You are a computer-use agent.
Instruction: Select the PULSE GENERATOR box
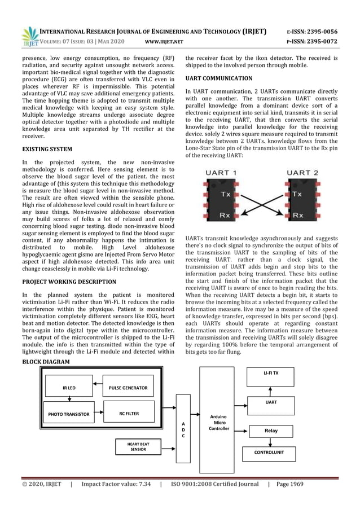pyautogui.click(x=128, y=388)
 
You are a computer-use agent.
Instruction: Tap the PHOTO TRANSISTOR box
pyautogui.click(x=68, y=414)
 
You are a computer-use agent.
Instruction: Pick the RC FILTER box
pyautogui.click(x=129, y=414)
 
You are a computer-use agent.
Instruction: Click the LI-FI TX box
pyautogui.click(x=271, y=373)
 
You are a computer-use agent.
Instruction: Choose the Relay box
pyautogui.click(x=271, y=431)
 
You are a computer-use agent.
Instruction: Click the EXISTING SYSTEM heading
pyautogui.click(x=47, y=150)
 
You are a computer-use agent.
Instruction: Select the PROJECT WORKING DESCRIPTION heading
pyautogui.click(x=69, y=282)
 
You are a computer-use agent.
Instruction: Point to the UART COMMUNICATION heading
pyautogui.click(x=219, y=78)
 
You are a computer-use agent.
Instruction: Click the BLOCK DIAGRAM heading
pyautogui.click(x=46, y=362)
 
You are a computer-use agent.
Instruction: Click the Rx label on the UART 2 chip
pyautogui.click(x=298, y=215)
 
